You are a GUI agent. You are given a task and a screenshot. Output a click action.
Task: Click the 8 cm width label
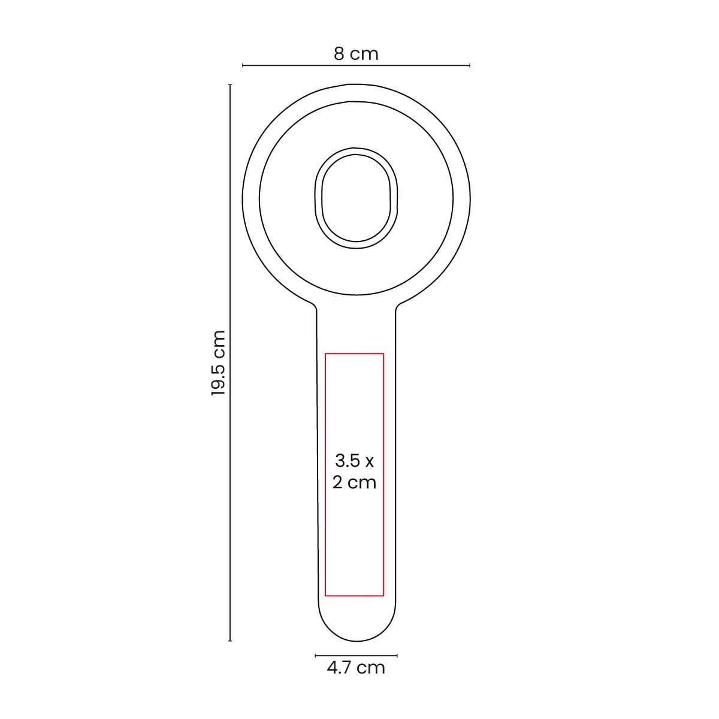click(356, 54)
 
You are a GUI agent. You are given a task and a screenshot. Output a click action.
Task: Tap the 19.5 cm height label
click(218, 363)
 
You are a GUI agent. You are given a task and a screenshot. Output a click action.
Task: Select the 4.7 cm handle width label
click(356, 667)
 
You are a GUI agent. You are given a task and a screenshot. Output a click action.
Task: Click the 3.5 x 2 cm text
click(355, 472)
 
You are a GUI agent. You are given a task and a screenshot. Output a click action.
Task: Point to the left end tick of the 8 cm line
click(243, 65)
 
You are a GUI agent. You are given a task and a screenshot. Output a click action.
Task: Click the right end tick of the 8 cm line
click(469, 65)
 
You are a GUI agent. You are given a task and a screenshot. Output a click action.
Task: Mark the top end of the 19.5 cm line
click(230, 85)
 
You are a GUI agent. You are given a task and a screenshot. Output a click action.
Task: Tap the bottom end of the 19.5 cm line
click(230, 641)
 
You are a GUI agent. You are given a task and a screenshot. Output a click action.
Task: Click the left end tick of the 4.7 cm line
click(316, 655)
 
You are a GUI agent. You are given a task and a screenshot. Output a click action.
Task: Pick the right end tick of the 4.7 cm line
click(397, 655)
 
